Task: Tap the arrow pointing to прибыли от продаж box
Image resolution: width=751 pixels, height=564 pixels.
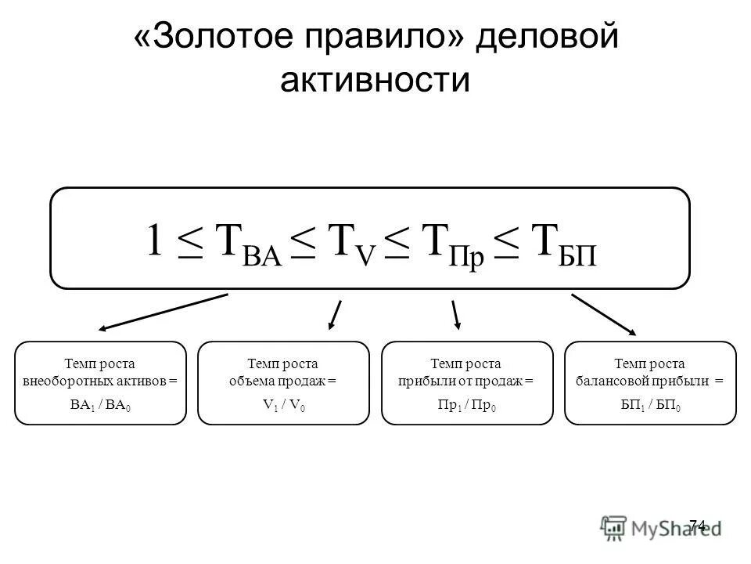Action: click(456, 313)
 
